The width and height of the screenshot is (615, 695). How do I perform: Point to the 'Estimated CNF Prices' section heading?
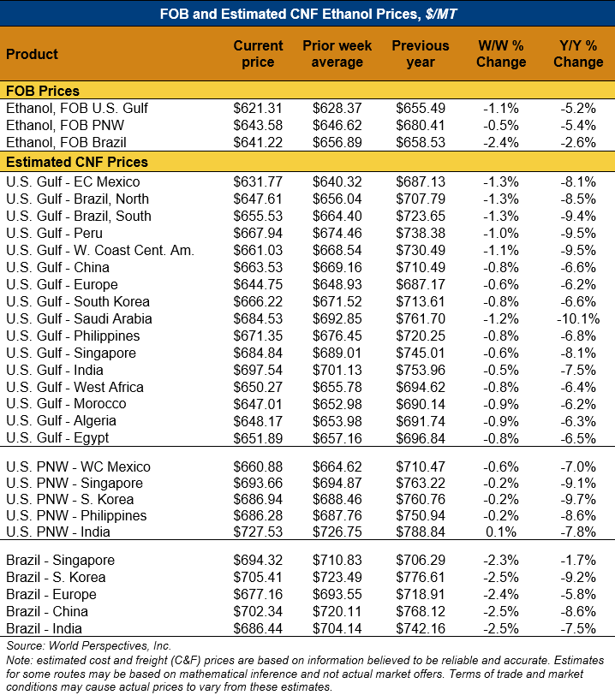pos(77,162)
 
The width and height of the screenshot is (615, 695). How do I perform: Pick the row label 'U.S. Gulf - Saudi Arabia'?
pos(79,318)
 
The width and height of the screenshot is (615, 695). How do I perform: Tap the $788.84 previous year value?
pos(420,532)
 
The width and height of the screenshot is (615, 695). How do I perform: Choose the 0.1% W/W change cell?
pos(503,532)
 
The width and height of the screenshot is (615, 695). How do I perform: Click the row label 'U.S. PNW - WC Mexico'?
pos(78,467)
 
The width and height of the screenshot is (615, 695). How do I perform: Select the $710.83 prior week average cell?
pos(337,561)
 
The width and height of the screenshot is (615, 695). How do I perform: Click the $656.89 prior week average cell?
pos(337,142)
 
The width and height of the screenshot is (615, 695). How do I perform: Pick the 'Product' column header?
pos(33,54)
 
